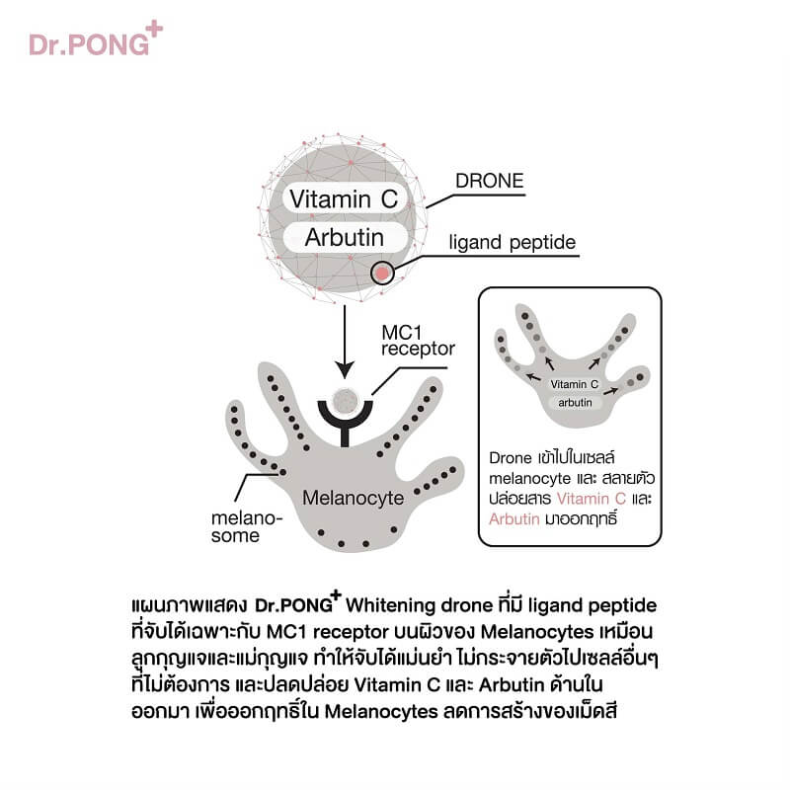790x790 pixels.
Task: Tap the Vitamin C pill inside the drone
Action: click(345, 198)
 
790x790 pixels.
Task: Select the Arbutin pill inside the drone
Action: click(345, 237)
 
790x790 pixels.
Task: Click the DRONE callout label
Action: click(489, 181)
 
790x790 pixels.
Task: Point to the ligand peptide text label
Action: click(512, 242)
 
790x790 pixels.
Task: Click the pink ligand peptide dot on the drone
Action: click(382, 274)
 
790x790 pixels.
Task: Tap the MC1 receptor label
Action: click(418, 341)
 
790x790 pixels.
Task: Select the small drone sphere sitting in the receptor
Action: click(345, 401)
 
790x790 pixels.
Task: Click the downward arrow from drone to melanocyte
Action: click(345, 342)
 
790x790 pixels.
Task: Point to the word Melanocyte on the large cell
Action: click(354, 498)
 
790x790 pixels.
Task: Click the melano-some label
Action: click(246, 527)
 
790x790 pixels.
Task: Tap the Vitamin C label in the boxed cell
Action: click(575, 384)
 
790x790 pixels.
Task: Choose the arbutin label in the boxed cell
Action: click(575, 403)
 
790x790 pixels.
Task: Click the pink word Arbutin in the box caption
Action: click(513, 519)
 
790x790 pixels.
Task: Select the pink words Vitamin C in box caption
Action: click(591, 499)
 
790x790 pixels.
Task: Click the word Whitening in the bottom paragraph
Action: click(390, 605)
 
